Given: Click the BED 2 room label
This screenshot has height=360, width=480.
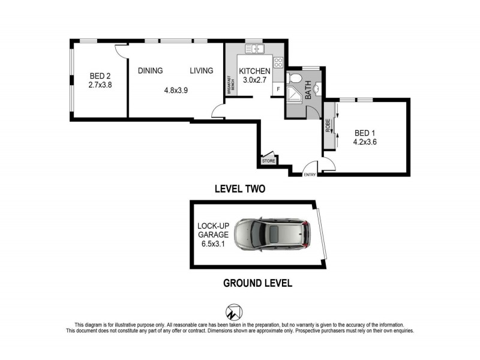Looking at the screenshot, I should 101,76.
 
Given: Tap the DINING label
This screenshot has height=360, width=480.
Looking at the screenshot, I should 150,71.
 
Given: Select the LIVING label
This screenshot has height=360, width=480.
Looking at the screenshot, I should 202,71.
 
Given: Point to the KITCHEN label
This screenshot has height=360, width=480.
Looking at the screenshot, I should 254,71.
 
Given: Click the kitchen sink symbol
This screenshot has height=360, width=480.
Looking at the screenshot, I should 254,49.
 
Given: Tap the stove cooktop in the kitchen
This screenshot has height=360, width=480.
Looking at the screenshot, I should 278,62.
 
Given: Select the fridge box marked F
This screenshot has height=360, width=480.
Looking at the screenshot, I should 278,89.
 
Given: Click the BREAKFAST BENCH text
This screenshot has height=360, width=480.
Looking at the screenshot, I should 230,87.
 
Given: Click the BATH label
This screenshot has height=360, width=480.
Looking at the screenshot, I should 308,91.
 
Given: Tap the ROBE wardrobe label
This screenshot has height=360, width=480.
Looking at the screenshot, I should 328,126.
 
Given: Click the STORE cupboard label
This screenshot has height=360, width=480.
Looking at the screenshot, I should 269,161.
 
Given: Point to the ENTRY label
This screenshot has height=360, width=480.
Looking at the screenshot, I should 310,175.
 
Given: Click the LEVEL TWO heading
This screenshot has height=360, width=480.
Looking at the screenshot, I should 240,188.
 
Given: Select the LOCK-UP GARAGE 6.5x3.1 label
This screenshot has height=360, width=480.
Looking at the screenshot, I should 212,235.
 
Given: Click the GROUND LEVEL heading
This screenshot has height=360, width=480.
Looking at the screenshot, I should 257,283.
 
